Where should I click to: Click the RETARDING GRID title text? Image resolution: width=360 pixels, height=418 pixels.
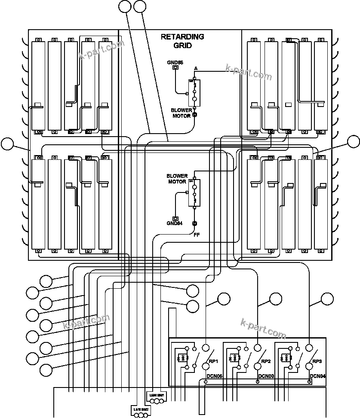[x=182, y=41]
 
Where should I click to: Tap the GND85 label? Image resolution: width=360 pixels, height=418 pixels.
[x=175, y=62]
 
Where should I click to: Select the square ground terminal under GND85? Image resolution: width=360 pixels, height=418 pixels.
[x=175, y=68]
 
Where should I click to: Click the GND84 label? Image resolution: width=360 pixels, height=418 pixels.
[x=175, y=223]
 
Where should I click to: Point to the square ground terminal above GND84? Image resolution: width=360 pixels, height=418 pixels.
[x=175, y=218]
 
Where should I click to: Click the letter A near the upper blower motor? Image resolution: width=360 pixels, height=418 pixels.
[x=196, y=69]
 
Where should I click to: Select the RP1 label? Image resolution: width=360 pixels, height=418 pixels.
[x=214, y=361]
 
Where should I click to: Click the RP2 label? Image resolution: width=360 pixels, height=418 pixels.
[x=266, y=361]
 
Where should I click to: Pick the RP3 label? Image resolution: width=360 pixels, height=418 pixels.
[x=317, y=361]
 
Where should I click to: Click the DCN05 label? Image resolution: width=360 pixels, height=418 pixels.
[x=214, y=376]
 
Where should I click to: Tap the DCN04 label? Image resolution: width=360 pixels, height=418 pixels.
[x=317, y=376]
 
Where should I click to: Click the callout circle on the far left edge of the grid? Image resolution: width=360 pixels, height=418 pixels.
[x=7, y=144]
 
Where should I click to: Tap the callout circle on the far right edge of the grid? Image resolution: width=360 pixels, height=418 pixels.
[x=354, y=141]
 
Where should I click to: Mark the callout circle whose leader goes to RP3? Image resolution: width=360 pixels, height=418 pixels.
[x=328, y=299]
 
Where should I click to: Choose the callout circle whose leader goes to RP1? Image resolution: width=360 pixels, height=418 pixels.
[x=224, y=299]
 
